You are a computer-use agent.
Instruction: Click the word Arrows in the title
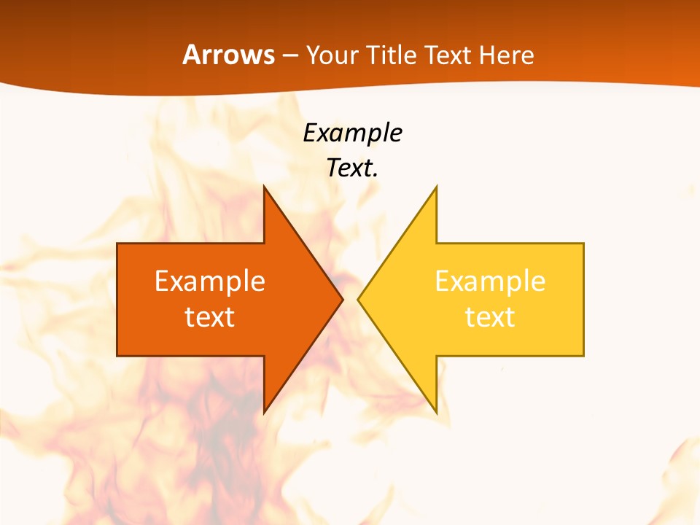pyautogui.click(x=228, y=55)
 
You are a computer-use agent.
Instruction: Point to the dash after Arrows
pyautogui.click(x=289, y=56)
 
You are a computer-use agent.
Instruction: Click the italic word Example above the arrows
pyautogui.click(x=353, y=133)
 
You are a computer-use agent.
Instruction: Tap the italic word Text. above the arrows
pyautogui.click(x=353, y=168)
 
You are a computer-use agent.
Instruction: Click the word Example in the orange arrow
pyautogui.click(x=210, y=281)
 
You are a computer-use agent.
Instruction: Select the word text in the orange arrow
pyautogui.click(x=210, y=317)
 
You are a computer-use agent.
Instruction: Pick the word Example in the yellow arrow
pyautogui.click(x=490, y=281)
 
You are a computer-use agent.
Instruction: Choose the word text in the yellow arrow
pyautogui.click(x=490, y=317)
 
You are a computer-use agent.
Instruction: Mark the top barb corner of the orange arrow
pyautogui.click(x=264, y=187)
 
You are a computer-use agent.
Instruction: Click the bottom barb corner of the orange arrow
pyautogui.click(x=264, y=413)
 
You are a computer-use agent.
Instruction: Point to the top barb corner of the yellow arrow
pyautogui.click(x=436, y=187)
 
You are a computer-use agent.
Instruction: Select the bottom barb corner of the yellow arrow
pyautogui.click(x=436, y=413)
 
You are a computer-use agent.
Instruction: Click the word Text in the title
pyautogui.click(x=448, y=55)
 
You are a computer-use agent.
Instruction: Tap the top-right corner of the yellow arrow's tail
pyautogui.click(x=583, y=244)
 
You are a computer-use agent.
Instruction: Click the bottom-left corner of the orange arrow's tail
pyautogui.click(x=117, y=356)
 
